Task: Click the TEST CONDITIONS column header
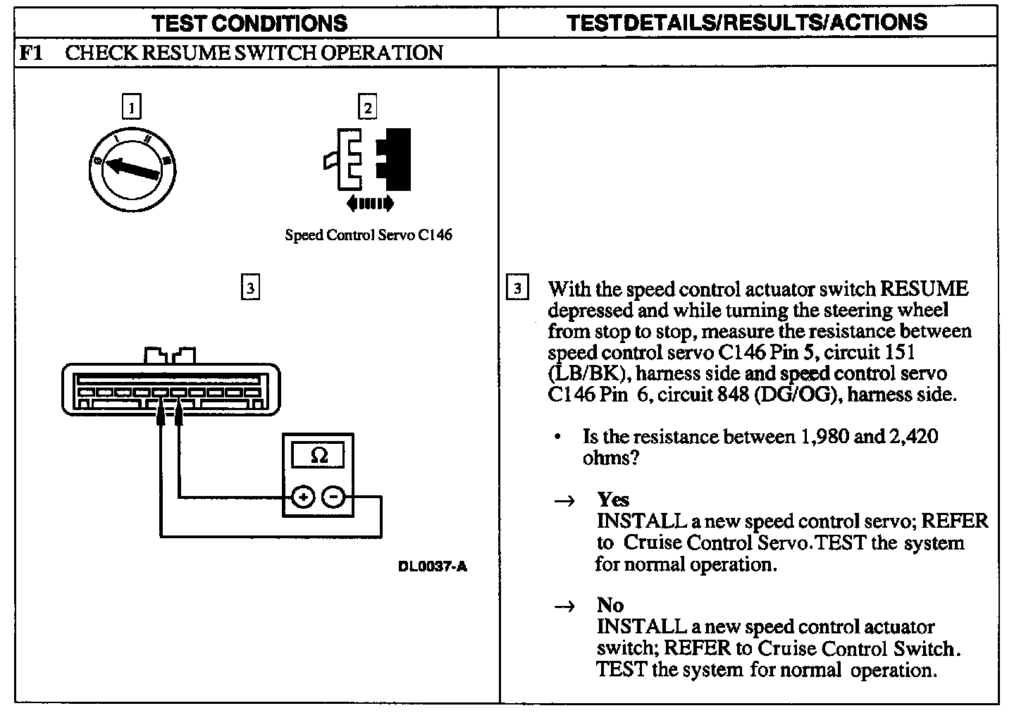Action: (x=249, y=23)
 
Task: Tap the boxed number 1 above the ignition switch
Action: (x=132, y=108)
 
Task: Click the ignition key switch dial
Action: (x=132, y=166)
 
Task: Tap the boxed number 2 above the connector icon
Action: (x=367, y=108)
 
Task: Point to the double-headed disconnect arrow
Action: (x=370, y=204)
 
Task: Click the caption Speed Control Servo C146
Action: (x=368, y=235)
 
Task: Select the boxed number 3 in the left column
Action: (x=250, y=287)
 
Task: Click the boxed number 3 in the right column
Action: (x=517, y=288)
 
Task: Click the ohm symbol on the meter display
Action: (x=319, y=456)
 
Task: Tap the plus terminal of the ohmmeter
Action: (x=303, y=497)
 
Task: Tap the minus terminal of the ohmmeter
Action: (x=333, y=497)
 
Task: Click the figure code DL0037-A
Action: (x=432, y=566)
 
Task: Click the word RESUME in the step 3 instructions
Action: (x=925, y=289)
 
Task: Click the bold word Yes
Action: (x=613, y=500)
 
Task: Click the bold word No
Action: (x=610, y=605)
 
